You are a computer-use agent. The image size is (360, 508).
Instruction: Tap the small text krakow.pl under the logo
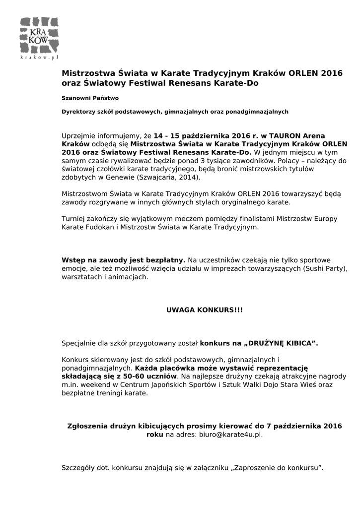[39, 58]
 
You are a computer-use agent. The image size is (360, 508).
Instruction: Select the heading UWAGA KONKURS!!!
[204, 310]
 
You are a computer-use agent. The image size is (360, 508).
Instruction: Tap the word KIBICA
[297, 343]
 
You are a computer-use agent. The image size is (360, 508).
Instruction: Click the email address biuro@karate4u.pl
[230, 434]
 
